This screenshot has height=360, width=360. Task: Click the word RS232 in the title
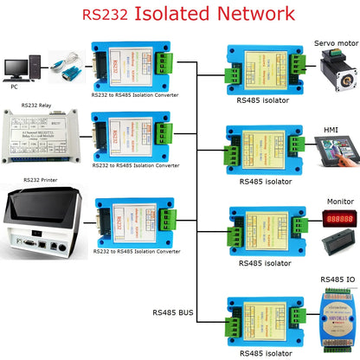tap(106, 15)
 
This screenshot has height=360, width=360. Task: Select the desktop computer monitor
tap(16, 66)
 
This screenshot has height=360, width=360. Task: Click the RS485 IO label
tap(335, 280)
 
